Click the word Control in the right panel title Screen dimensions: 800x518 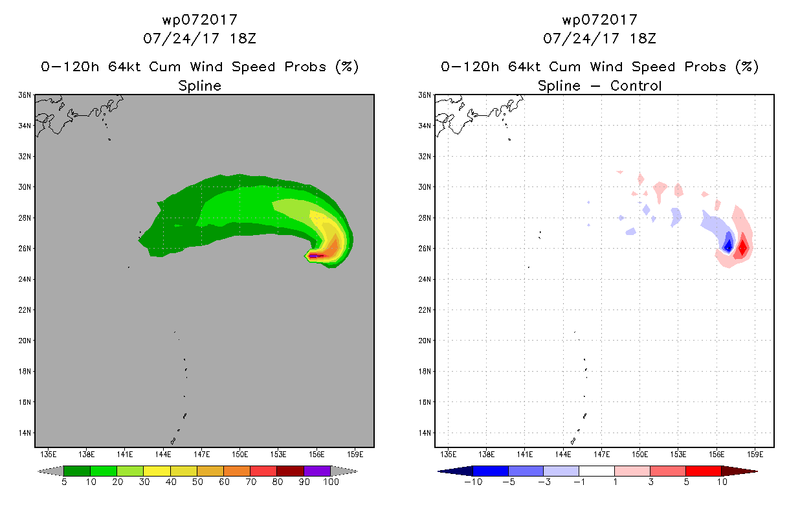point(636,86)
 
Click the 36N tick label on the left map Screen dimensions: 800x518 point(25,95)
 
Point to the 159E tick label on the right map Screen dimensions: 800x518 point(755,455)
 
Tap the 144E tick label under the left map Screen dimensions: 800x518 point(163,455)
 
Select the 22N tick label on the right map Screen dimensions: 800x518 point(425,310)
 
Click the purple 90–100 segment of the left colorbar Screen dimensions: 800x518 point(317,471)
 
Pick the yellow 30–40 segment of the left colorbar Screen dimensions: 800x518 point(157,471)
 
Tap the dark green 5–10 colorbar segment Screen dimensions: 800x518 point(77,471)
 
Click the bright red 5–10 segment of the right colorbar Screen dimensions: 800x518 point(704,471)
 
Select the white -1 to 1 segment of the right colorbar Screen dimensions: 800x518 point(597,471)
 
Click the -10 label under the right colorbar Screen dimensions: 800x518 point(473,482)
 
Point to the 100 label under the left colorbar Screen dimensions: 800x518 point(331,482)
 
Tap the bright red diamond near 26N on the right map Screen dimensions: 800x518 point(743,247)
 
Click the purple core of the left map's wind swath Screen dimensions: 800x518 point(313,256)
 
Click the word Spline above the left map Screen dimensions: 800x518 point(199,86)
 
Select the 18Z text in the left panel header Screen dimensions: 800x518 point(243,38)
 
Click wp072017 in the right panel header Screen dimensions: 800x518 point(600,19)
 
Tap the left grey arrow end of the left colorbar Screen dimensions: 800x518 point(50,471)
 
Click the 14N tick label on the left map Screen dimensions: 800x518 point(25,433)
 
